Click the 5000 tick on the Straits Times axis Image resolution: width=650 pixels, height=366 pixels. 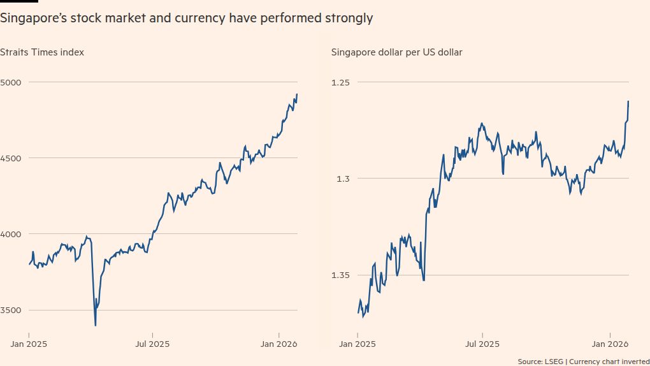click(x=11, y=82)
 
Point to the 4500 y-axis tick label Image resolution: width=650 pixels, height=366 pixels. click(x=11, y=158)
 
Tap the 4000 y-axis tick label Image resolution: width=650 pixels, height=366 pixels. click(x=11, y=234)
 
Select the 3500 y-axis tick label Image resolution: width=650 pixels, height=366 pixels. click(x=11, y=311)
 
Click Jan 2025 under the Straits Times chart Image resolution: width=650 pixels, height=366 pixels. click(x=29, y=344)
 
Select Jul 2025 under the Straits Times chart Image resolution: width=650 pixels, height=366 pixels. click(x=152, y=344)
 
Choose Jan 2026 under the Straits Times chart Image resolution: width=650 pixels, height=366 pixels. click(x=278, y=344)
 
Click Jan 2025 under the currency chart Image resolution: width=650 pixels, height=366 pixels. click(x=357, y=344)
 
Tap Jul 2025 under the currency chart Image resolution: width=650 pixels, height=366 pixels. click(x=482, y=344)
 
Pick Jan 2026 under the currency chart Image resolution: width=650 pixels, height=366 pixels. click(x=610, y=344)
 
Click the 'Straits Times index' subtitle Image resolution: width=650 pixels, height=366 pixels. click(x=42, y=52)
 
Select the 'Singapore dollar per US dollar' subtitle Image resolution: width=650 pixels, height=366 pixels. click(x=396, y=52)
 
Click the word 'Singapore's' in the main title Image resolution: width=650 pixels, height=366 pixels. click(x=31, y=18)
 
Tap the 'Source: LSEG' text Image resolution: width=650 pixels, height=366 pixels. click(x=540, y=362)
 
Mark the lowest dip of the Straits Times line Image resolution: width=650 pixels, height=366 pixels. click(x=96, y=325)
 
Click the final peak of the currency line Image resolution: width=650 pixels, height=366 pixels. click(x=628, y=101)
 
